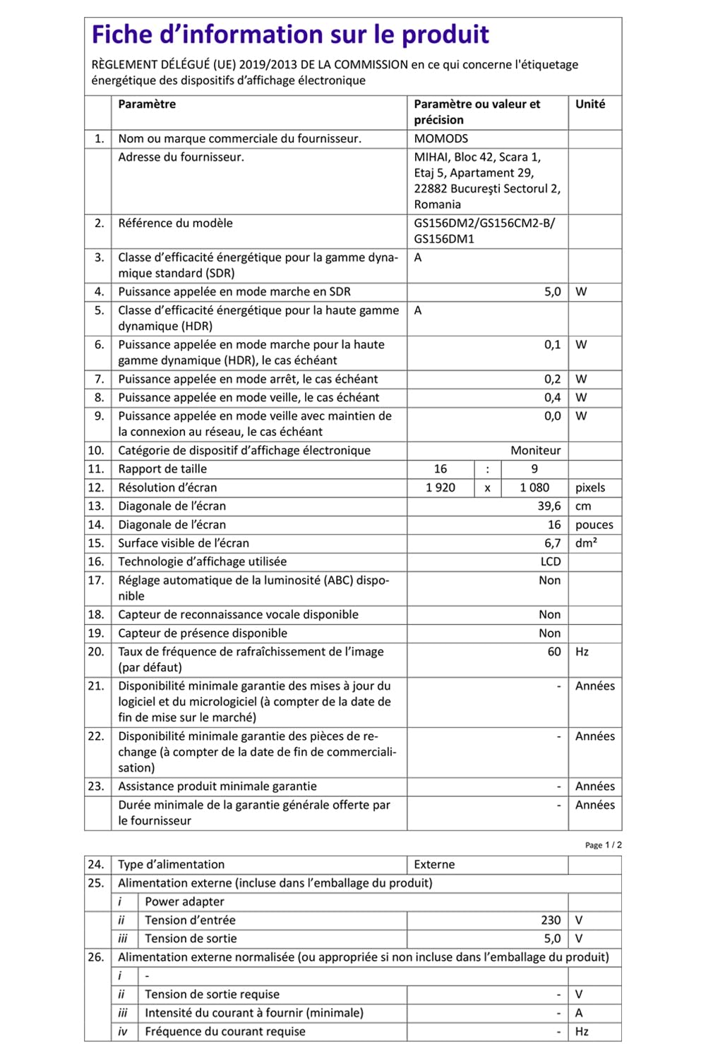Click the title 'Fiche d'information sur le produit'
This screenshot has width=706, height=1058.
click(x=290, y=35)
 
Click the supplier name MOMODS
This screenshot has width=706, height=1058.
click(x=441, y=139)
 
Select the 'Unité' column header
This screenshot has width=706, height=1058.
click(x=590, y=104)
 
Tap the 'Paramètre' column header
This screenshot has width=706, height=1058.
click(x=147, y=104)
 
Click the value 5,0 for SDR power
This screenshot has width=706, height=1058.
click(x=552, y=292)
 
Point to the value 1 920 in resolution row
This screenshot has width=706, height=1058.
click(x=441, y=488)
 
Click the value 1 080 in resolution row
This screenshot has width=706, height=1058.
click(x=534, y=488)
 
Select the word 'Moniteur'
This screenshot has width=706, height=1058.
click(x=536, y=451)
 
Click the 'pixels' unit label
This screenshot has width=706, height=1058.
click(x=590, y=488)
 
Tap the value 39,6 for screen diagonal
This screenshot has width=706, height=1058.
click(x=549, y=506)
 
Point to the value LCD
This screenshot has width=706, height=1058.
click(x=551, y=562)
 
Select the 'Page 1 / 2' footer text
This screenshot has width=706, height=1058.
click(x=604, y=845)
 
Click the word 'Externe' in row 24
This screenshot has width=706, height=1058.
click(x=434, y=865)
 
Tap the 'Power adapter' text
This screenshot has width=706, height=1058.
click(x=184, y=902)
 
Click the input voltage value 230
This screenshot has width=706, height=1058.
click(x=551, y=920)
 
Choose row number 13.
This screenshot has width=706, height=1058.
click(x=96, y=506)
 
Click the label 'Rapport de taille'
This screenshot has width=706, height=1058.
click(x=162, y=469)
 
